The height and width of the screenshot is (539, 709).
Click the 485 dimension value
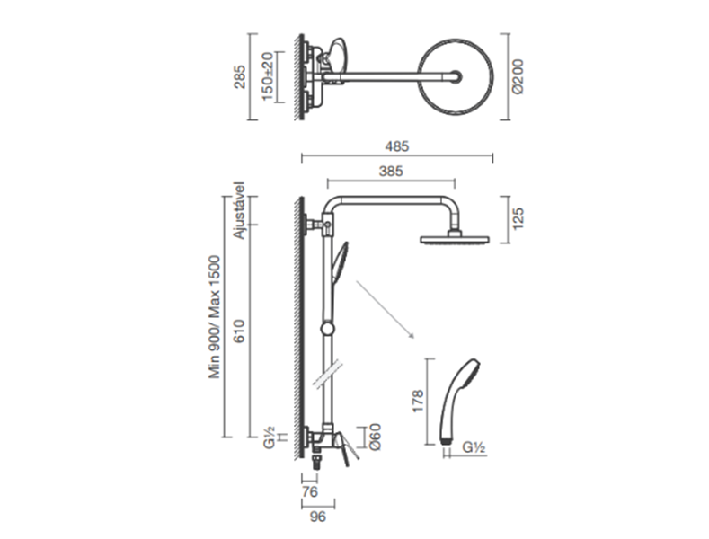[397, 146]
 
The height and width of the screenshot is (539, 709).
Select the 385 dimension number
[391, 171]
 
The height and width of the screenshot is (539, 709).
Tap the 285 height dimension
[239, 77]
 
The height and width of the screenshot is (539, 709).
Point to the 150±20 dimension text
[268, 76]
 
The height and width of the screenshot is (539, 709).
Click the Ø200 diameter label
[518, 76]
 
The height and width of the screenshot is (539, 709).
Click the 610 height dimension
[239, 331]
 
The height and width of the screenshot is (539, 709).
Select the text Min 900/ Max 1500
[215, 317]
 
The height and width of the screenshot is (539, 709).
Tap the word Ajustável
[239, 211]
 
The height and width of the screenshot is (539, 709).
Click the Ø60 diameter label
[375, 437]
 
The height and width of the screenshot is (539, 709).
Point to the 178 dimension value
[417, 401]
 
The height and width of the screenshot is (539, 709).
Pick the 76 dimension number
[310, 491]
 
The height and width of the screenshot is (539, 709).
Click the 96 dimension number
[317, 517]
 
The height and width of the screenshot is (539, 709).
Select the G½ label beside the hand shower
[474, 447]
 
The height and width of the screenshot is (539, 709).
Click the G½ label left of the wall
[269, 437]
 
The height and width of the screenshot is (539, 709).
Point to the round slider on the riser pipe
[326, 329]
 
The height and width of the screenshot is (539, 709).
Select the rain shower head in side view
[455, 239]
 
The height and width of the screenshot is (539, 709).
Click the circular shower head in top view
[456, 77]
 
